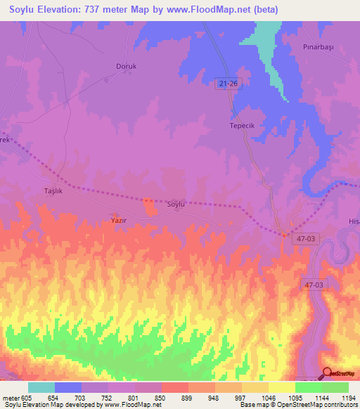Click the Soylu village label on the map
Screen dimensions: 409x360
click(176, 204)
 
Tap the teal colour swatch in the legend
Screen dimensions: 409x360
click(41, 387)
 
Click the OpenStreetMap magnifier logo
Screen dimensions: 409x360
click(327, 372)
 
